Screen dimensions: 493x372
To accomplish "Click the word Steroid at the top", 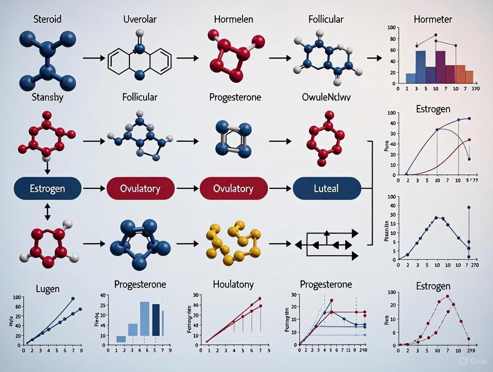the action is [47, 20].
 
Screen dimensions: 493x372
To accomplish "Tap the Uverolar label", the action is [140, 20].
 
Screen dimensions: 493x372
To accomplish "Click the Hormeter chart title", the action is [433, 20].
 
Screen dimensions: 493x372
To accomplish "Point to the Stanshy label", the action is [47, 97].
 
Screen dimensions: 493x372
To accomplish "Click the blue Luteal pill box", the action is [327, 188].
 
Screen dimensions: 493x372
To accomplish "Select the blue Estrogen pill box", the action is [47, 188].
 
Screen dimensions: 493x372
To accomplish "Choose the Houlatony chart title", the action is [233, 284].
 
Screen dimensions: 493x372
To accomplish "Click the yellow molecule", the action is [232, 242].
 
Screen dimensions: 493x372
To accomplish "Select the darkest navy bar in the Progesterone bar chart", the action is [156, 319].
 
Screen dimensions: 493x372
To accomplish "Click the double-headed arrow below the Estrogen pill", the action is [47, 211].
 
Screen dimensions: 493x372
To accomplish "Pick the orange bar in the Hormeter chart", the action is [460, 74].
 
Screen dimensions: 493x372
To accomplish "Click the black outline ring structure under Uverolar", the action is [140, 58].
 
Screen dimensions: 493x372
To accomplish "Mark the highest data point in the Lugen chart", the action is [73, 298].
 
